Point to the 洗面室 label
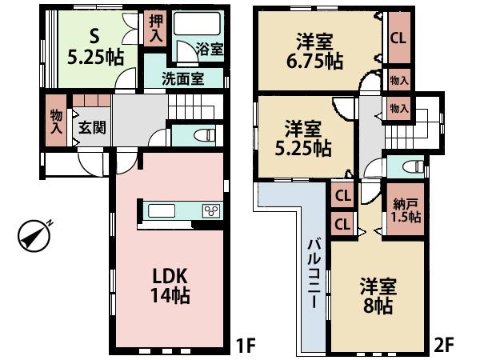(182, 79)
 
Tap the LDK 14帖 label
(170, 285)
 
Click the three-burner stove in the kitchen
(211, 211)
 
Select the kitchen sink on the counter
(162, 211)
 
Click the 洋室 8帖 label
(377, 295)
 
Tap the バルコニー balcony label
(314, 274)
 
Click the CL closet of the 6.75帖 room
(397, 37)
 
